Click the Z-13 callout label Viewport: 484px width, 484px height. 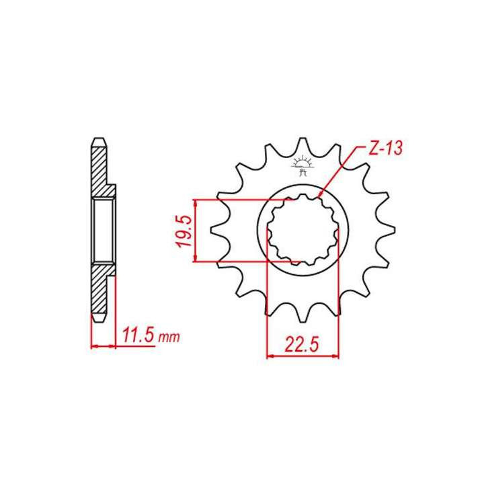[x=385, y=150]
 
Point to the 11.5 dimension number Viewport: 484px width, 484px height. [x=137, y=335]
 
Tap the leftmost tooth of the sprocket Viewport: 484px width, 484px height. [x=217, y=231]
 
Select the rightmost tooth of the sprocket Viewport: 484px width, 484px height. [x=388, y=231]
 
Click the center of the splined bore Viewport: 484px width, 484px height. [x=302, y=231]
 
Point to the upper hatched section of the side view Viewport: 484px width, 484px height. [x=98, y=168]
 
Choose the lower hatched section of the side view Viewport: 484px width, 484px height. [x=98, y=292]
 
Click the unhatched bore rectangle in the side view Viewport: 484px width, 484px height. [x=104, y=231]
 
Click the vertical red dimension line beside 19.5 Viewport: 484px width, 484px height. [x=194, y=231]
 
